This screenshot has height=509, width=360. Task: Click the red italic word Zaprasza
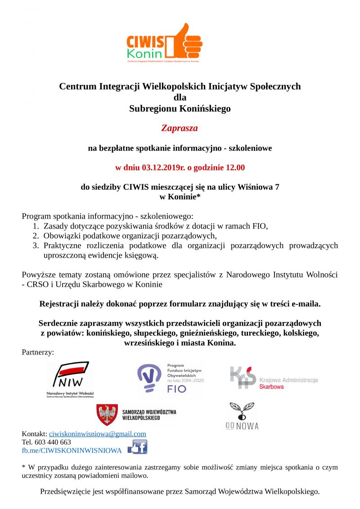point(180,128)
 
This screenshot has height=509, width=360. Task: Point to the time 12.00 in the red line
point(234,168)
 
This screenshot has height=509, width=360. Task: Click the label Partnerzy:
point(38,352)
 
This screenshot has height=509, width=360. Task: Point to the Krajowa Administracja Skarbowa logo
point(274,379)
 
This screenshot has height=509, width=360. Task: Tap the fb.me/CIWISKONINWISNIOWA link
point(72,450)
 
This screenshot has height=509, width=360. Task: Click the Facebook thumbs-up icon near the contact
point(138,447)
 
